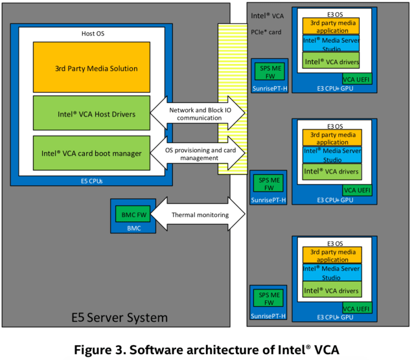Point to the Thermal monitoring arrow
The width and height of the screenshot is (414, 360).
coord(201,215)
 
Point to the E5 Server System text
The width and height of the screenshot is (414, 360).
coord(119,317)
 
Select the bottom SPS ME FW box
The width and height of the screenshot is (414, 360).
coord(268,299)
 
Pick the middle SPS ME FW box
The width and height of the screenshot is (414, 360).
coord(268,185)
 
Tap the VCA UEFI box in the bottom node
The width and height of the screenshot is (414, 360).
coord(357,309)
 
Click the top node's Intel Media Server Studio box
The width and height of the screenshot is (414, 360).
coord(330,43)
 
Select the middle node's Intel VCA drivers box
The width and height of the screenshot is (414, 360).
coord(330,172)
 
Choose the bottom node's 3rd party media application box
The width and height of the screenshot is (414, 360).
coord(330,254)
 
